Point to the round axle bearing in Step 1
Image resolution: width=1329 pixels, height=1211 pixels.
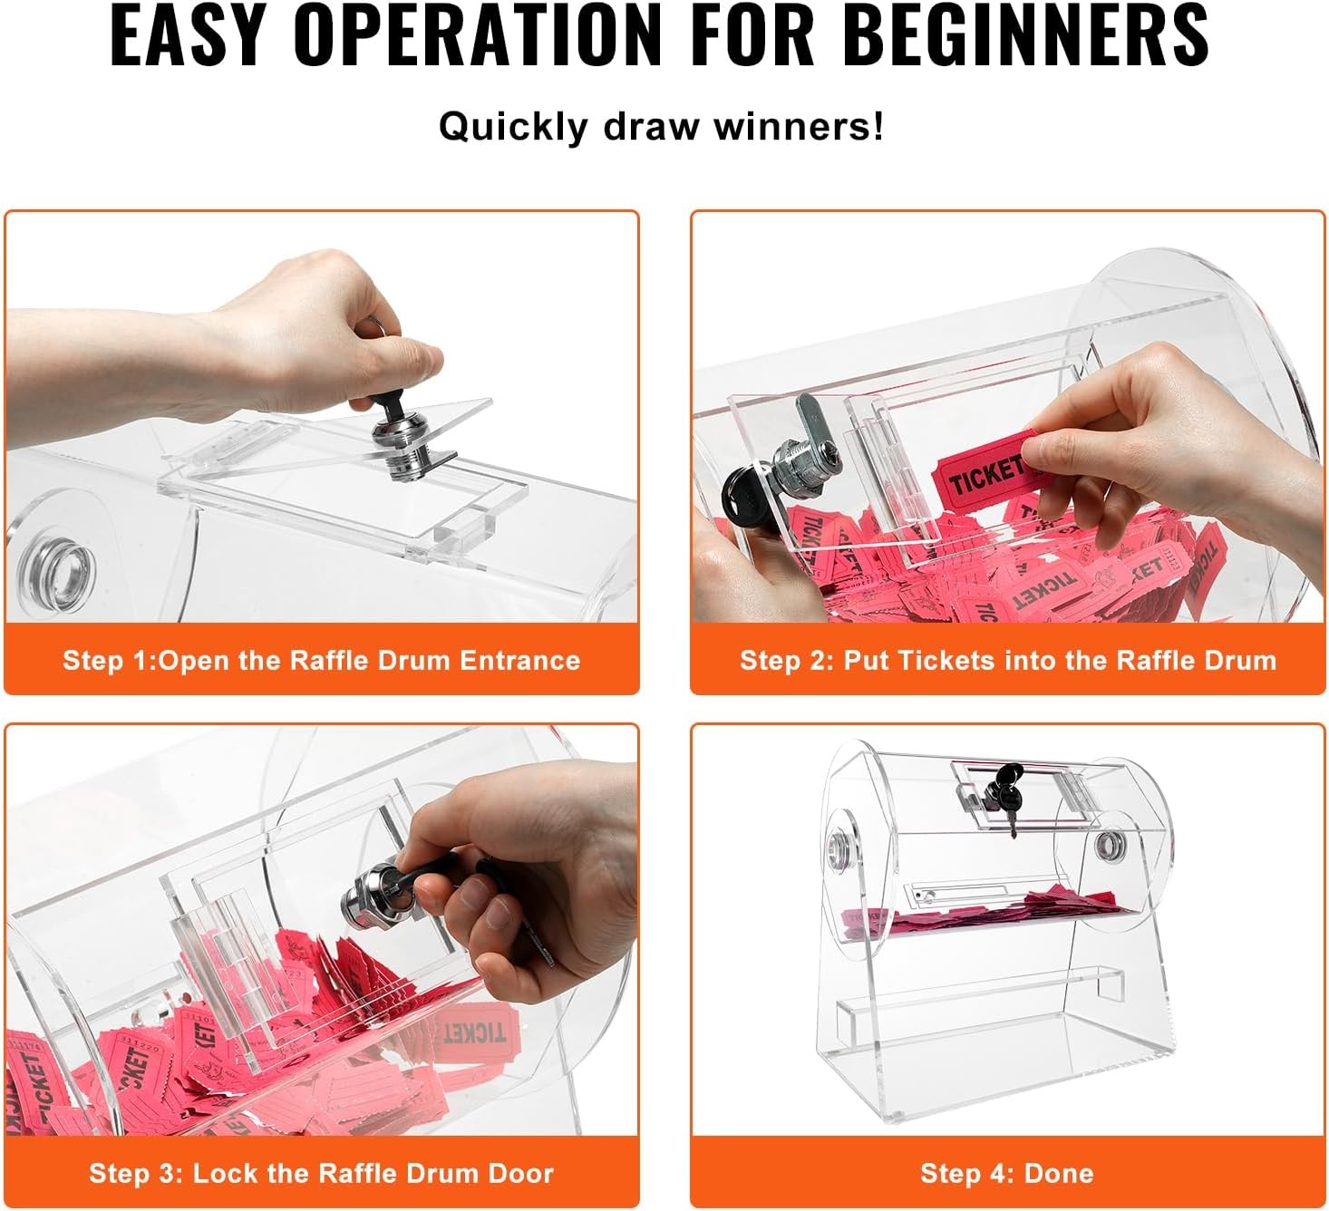point(56,571)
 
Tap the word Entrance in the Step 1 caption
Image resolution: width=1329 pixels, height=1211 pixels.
point(520,660)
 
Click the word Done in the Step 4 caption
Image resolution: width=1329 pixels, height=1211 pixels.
point(1059,1173)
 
